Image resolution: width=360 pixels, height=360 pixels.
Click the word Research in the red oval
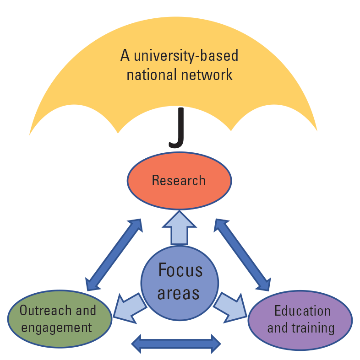179,180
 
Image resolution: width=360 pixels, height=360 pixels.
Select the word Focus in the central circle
180,270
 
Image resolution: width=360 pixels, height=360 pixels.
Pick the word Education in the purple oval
302,311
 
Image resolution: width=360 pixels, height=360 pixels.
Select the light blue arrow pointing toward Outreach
129,306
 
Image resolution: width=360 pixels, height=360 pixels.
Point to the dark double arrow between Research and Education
242,254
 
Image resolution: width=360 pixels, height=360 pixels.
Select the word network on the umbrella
207,75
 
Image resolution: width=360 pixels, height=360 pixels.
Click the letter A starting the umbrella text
125,56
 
